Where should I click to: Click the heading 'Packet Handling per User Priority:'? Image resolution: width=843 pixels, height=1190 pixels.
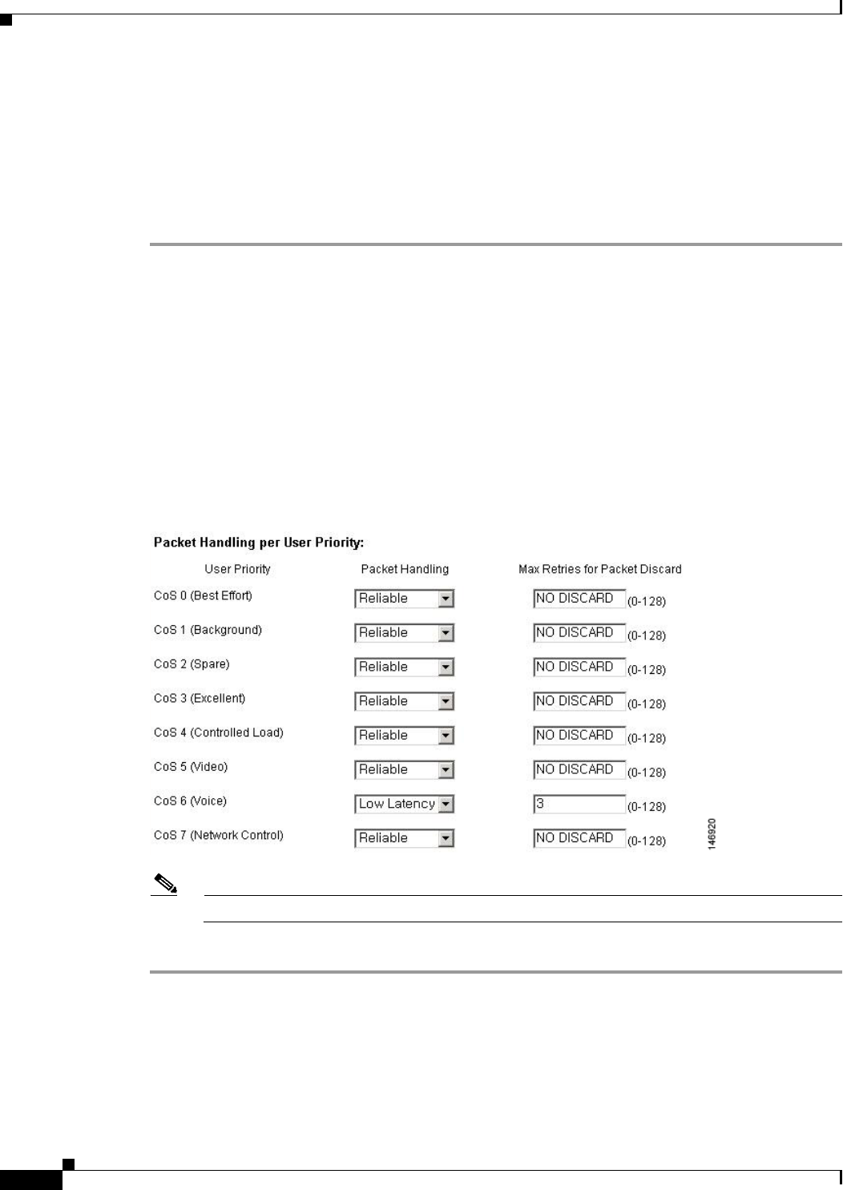[258, 543]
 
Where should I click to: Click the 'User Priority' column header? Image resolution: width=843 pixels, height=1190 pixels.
[237, 569]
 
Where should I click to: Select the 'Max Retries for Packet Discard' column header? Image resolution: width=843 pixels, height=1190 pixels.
[599, 569]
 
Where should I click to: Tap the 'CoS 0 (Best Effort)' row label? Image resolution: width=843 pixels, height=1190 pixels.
[203, 595]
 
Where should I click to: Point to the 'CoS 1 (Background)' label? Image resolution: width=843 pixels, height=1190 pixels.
[208, 630]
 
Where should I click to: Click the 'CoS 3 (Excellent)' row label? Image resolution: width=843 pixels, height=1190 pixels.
[200, 698]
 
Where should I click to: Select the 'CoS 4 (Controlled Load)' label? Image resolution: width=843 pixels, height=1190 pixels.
[218, 732]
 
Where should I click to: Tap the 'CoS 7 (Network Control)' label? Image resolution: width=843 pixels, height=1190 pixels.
[218, 835]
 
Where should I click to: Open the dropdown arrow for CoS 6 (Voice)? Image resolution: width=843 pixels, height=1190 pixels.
[446, 804]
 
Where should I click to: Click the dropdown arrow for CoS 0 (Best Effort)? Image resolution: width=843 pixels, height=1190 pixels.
[446, 599]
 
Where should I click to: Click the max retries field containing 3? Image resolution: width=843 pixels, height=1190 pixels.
[579, 804]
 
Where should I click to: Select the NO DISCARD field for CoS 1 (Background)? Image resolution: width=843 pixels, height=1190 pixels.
[579, 633]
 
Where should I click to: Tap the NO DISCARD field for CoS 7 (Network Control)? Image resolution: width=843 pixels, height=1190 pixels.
[579, 838]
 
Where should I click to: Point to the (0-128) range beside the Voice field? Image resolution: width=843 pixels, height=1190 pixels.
[646, 806]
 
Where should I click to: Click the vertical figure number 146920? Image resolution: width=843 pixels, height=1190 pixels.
[712, 834]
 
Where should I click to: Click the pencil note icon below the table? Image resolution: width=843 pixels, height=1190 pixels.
[165, 885]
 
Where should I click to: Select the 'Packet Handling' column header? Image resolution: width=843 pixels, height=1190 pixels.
[405, 569]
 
